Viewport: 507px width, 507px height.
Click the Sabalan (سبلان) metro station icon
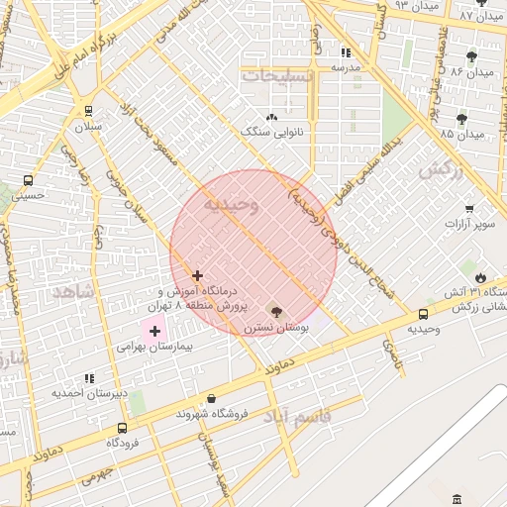(90, 111)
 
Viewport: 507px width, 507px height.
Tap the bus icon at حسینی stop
(27, 181)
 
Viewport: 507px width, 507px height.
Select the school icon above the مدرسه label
(346, 52)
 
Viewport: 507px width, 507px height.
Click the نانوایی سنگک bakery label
(272, 132)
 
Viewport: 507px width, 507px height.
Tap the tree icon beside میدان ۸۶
(471, 56)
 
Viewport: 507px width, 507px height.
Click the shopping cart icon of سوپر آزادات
(469, 209)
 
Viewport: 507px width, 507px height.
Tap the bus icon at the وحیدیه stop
(424, 314)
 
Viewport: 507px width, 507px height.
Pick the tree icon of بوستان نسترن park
(276, 312)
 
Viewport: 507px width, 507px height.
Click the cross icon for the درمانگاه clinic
(198, 275)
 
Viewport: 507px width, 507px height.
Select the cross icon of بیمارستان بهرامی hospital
(154, 331)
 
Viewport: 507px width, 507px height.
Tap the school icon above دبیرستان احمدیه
(90, 378)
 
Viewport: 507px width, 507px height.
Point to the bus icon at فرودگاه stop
(122, 428)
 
